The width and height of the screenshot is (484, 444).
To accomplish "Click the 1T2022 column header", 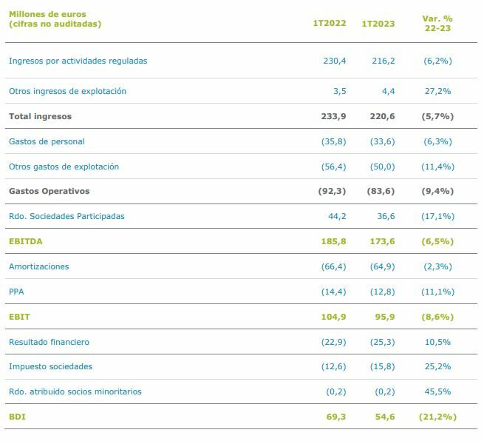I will click(x=329, y=24).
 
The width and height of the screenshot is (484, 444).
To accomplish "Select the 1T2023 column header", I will click(x=378, y=24).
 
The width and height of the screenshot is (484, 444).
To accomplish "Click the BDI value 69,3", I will click(x=336, y=417).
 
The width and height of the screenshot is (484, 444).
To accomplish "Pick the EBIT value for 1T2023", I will click(x=385, y=317).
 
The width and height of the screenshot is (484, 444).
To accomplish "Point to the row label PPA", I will click(x=16, y=292).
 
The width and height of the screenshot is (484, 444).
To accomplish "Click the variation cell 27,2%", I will click(x=437, y=91).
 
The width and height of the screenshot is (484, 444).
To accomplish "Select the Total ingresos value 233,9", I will click(x=333, y=116).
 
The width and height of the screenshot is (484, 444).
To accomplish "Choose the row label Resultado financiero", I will click(x=49, y=342).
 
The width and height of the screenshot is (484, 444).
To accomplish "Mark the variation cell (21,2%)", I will click(x=438, y=417).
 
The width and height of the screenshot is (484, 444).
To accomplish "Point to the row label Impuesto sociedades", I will click(x=50, y=366).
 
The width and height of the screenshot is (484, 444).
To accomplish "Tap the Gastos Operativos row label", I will click(x=49, y=191).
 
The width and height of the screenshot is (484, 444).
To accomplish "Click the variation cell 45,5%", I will click(x=437, y=391).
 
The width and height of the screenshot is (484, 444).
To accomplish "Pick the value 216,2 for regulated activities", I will click(x=383, y=61).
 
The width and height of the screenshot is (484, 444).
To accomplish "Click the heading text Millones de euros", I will click(x=47, y=14).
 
